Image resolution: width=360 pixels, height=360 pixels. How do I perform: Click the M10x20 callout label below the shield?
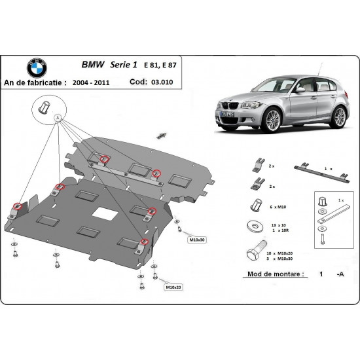point(173,287)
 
